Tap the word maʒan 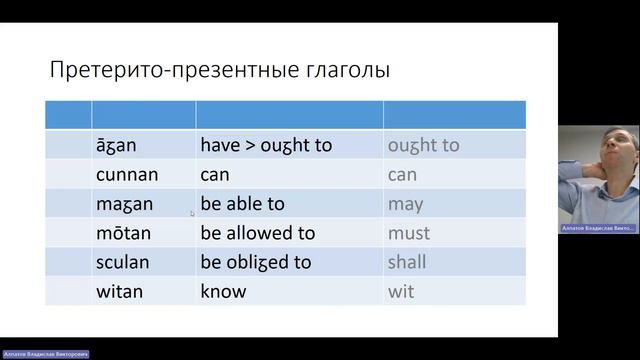point(125,204)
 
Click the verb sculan point(124,262)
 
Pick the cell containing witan point(120,292)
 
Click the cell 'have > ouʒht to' point(266,145)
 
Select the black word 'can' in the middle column point(215,174)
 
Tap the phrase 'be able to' point(242,204)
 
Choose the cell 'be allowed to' point(257,233)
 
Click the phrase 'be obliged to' point(257,262)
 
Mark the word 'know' point(223,292)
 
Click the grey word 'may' point(405,204)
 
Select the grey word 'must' point(409,233)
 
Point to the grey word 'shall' point(407,262)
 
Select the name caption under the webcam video point(599,229)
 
